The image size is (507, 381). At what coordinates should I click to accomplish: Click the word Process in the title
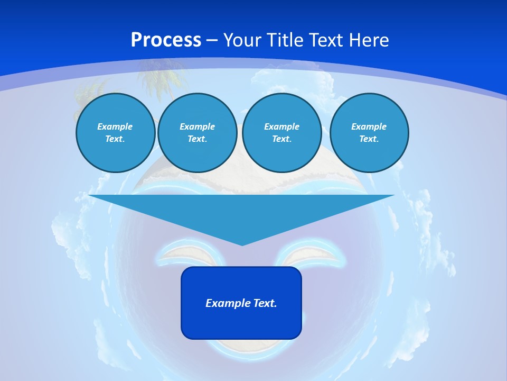click(x=166, y=40)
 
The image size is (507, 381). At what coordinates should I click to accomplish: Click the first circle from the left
click(x=115, y=133)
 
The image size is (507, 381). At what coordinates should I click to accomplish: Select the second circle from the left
click(x=197, y=133)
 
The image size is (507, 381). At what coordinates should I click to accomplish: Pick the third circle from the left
click(x=281, y=133)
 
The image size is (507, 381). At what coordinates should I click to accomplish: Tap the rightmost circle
click(x=369, y=133)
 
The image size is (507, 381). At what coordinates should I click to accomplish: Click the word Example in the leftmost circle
click(x=115, y=126)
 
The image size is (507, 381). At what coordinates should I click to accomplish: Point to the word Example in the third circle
click(x=281, y=126)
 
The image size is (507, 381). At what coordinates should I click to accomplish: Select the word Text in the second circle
click(x=196, y=139)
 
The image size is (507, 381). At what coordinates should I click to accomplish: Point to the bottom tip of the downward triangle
click(x=242, y=244)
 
